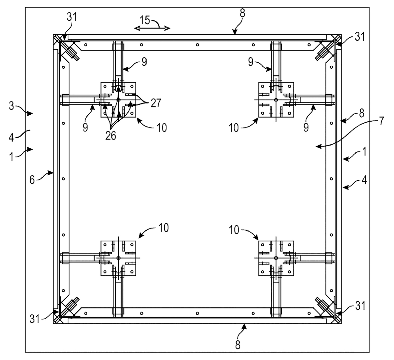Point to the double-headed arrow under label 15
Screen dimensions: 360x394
[x=152, y=29]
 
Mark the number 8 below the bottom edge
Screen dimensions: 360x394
[x=238, y=345]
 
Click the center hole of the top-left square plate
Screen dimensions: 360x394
[x=118, y=100]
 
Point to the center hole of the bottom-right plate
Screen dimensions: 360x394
[x=276, y=258]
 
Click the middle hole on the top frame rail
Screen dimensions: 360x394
[x=197, y=45]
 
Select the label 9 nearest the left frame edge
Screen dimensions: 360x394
[x=85, y=127]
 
